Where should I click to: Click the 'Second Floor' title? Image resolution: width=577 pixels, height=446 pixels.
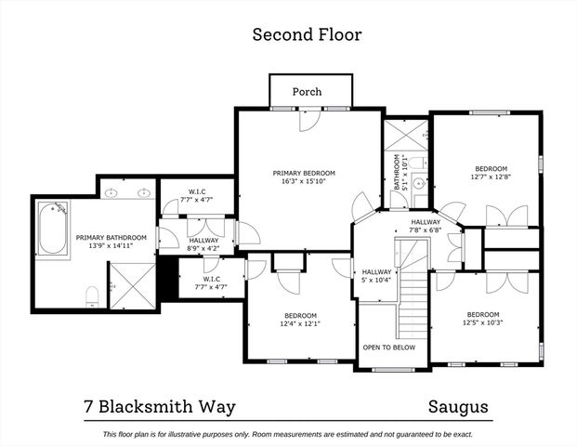[307, 35]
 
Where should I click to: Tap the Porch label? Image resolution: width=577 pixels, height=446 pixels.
[307, 92]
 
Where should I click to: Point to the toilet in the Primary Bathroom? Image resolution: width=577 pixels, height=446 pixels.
[92, 296]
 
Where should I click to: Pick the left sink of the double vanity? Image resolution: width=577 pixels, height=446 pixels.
[112, 193]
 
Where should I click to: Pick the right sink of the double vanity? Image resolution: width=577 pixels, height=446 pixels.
[144, 193]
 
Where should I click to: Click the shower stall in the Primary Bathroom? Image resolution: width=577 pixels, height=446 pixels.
[132, 283]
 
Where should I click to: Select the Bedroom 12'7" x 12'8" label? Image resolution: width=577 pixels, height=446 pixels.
[492, 172]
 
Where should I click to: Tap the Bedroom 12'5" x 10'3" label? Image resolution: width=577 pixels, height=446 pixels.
[483, 319]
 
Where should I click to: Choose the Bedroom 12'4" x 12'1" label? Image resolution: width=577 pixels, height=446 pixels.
[300, 319]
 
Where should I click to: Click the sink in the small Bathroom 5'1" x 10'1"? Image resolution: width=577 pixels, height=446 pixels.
[419, 183]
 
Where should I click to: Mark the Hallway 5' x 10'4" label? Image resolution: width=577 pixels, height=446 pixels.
[376, 274]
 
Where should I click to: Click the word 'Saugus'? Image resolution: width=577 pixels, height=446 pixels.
[459, 407]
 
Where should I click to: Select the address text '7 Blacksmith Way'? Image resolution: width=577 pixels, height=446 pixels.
[157, 407]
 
